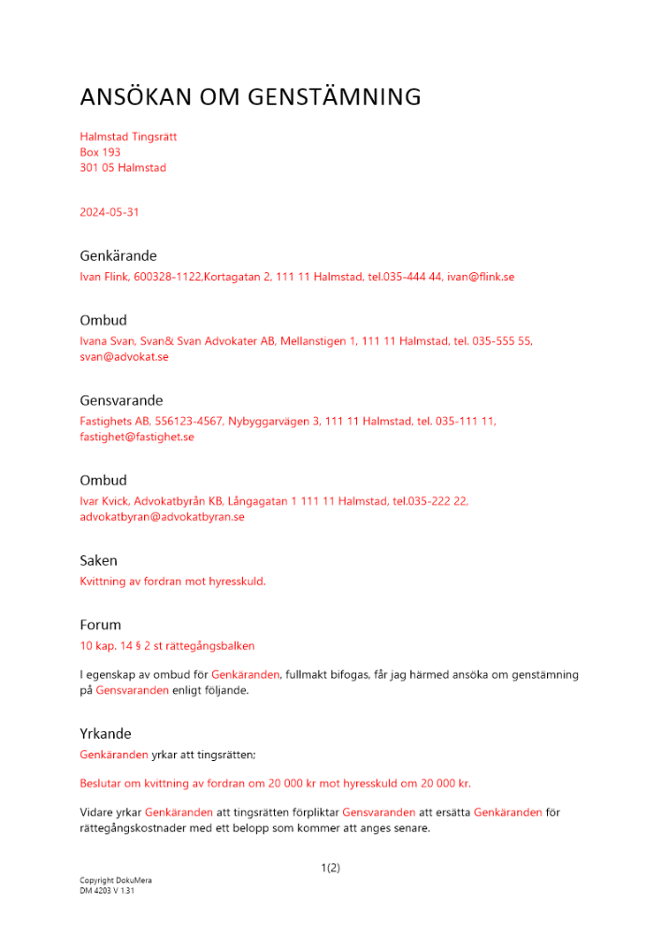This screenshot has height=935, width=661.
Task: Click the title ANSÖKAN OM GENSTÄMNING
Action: (x=251, y=97)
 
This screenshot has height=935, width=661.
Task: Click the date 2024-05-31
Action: (x=109, y=212)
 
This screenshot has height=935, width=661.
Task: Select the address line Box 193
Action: (x=100, y=152)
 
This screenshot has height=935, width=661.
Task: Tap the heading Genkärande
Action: (x=118, y=255)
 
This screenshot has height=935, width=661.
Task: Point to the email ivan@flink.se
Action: (x=481, y=277)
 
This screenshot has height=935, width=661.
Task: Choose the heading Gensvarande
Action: (x=122, y=400)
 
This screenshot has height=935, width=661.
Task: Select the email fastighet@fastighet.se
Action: (x=137, y=437)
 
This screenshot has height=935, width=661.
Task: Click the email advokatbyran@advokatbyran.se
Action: (x=162, y=517)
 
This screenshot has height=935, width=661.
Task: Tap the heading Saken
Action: (x=98, y=561)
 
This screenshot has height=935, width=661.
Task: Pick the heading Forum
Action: (x=100, y=625)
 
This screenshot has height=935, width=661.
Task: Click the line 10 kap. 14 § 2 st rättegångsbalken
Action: (x=167, y=645)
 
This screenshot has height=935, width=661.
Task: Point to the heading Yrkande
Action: (x=106, y=734)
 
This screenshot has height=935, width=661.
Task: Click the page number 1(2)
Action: (x=330, y=868)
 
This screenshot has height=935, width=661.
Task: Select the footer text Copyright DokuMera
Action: (x=116, y=881)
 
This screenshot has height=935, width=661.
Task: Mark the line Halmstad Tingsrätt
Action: (x=128, y=137)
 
